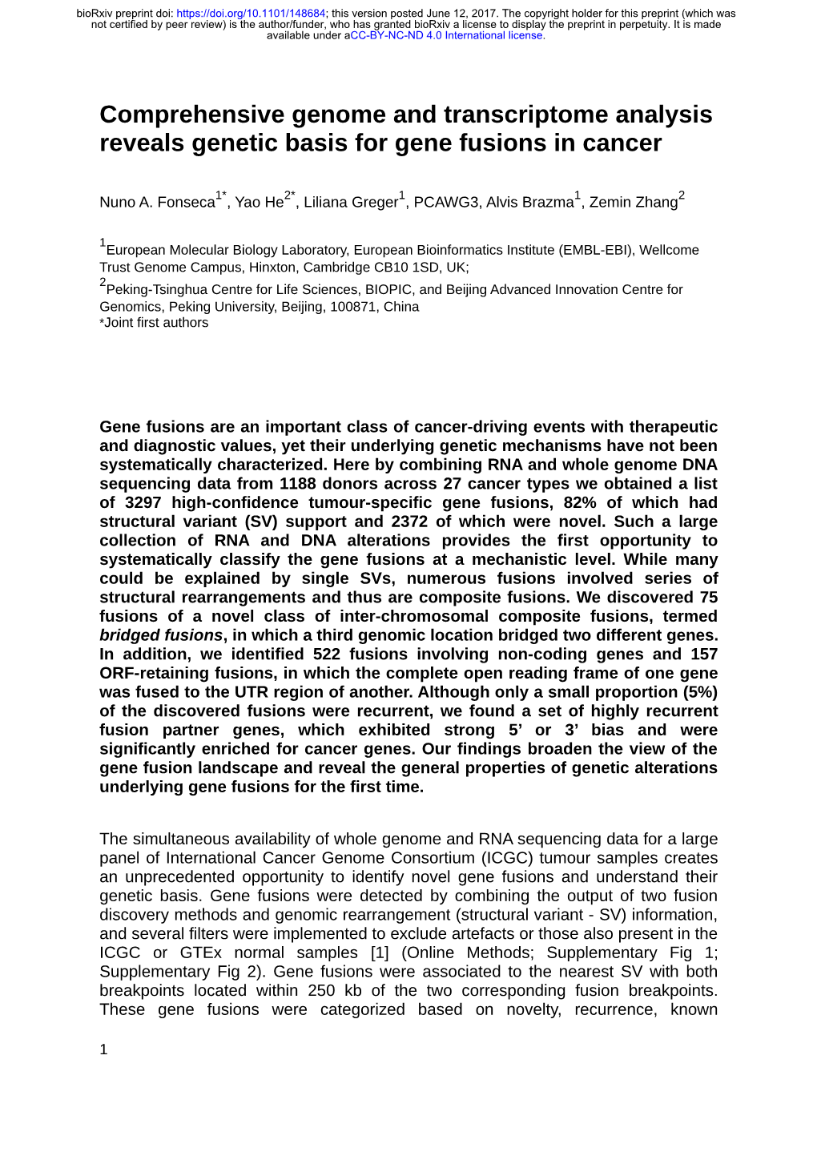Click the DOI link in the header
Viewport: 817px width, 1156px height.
(x=251, y=14)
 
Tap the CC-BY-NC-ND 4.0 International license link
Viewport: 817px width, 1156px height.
(x=448, y=35)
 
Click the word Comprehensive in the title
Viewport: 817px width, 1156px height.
(x=191, y=115)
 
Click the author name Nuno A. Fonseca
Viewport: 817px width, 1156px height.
(x=157, y=202)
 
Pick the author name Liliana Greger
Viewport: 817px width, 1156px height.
(x=350, y=202)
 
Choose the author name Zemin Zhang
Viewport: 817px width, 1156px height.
(x=633, y=202)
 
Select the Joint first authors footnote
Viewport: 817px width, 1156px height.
(x=155, y=323)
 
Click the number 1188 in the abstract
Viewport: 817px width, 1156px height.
(x=299, y=484)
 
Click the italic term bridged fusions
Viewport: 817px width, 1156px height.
(x=160, y=635)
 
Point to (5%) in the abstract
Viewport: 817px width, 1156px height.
(x=699, y=692)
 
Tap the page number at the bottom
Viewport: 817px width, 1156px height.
(x=103, y=1049)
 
